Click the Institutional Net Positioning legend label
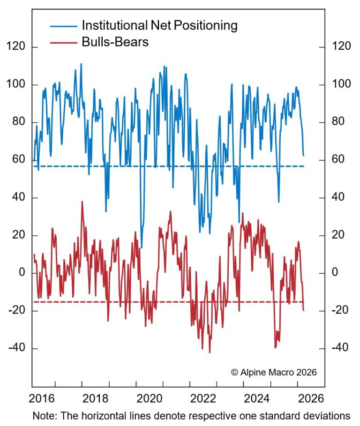(160, 25)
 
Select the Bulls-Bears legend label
(115, 42)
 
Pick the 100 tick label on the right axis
(341, 85)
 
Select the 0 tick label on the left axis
(21, 273)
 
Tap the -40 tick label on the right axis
(339, 348)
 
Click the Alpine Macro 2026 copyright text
(274, 372)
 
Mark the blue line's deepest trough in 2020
(142, 247)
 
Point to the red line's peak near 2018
(82, 202)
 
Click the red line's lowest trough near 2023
(210, 352)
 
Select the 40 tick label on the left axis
(18, 197)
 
